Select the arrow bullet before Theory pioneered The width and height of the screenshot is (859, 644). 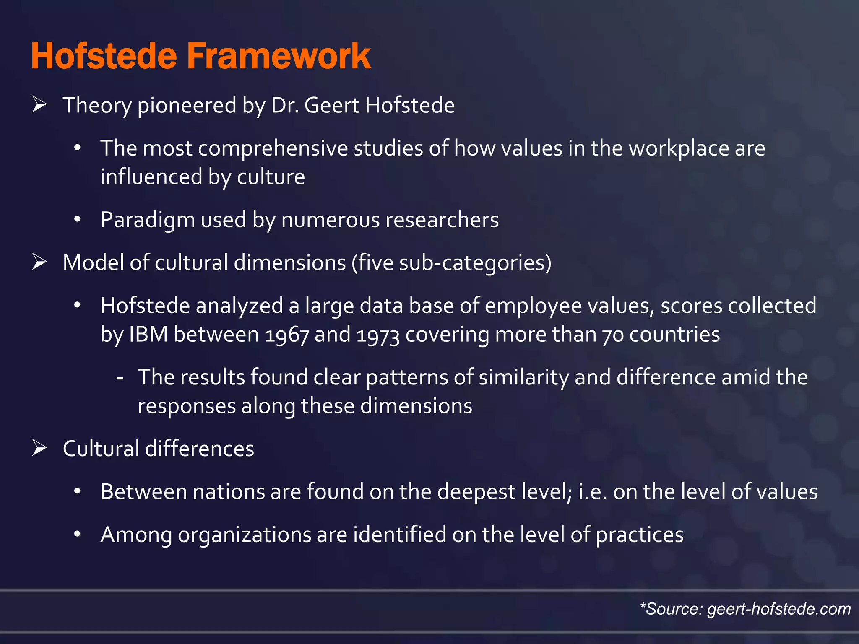[x=39, y=104]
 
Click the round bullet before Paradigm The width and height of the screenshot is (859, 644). [x=77, y=220]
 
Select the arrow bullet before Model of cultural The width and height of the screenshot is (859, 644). [x=39, y=262]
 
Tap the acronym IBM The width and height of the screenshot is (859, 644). [x=148, y=335]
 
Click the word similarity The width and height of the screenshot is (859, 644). [x=523, y=377]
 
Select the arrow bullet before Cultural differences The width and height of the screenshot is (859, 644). [x=39, y=449]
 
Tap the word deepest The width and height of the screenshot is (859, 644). [x=476, y=492]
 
